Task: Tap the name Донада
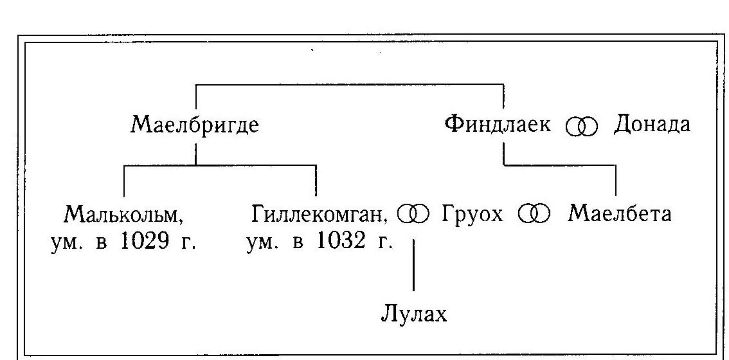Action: (x=652, y=125)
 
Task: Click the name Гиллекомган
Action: (x=320, y=215)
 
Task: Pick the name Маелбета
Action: (x=620, y=215)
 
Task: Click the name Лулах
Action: (x=414, y=314)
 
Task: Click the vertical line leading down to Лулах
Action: (x=414, y=265)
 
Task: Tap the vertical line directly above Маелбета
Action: (x=616, y=181)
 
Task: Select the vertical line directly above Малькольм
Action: (x=123, y=181)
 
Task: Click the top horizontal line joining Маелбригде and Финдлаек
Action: (x=350, y=84)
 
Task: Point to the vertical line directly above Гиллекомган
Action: (x=316, y=181)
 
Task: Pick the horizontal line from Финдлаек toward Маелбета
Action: (x=560, y=165)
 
